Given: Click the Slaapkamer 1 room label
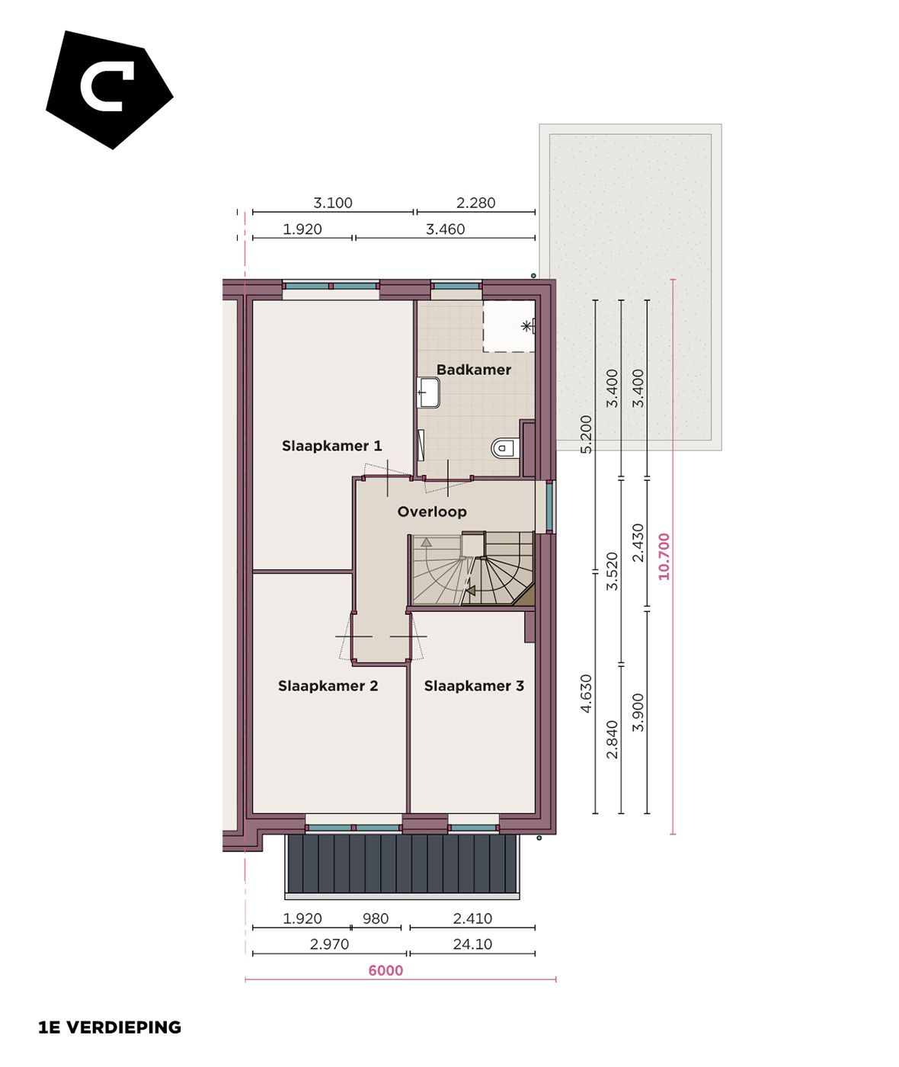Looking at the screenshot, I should tap(331, 446).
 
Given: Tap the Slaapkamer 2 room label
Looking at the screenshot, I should tap(328, 686).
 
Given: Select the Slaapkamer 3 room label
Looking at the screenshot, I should tap(474, 686).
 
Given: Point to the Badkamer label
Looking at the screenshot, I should tap(473, 370).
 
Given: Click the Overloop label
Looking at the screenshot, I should tap(432, 511).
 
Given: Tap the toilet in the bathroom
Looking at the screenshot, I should tap(504, 447).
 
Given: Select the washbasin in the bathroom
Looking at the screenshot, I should tap(428, 393).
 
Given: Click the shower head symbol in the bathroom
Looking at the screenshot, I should tap(526, 326).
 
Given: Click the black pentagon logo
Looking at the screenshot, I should tap(109, 89).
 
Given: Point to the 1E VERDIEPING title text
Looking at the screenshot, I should tap(110, 1027).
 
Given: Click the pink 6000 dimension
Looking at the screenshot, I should tap(386, 970).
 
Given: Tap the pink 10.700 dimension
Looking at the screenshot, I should tap(664, 556).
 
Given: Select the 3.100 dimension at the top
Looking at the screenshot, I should tap(333, 203).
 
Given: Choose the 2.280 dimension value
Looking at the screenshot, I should tap(475, 203).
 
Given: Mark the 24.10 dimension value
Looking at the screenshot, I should tap(472, 944).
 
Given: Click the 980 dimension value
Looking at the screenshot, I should tap(376, 918).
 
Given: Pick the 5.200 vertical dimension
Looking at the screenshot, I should tap(586, 434).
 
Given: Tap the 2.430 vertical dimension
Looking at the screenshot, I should tap(638, 543).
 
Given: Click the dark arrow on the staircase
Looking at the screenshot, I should tap(470, 590).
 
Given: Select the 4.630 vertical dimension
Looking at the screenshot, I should tap(586, 694).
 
